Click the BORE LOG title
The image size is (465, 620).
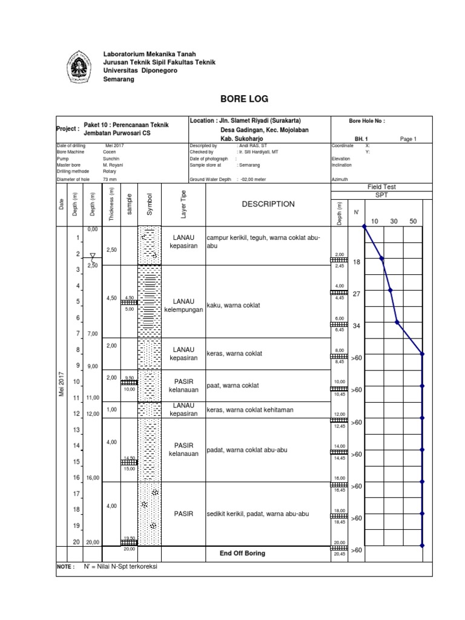coord(244,99)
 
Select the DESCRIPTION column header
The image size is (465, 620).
coord(268,204)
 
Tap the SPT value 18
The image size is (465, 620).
coord(356,262)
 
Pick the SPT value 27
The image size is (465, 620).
coord(356,294)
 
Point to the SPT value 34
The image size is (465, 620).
coord(356,326)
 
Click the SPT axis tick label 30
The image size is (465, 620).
coord(394,222)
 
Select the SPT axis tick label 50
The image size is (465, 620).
coord(414,222)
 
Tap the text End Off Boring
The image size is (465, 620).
coord(242,553)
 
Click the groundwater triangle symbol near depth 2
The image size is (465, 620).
coord(92,256)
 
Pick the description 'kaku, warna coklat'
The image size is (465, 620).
coord(232,305)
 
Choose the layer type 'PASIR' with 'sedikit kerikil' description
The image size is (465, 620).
coord(183,513)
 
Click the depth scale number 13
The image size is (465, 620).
coord(77,430)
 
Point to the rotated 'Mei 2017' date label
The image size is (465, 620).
coord(61,385)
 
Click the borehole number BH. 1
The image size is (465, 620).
coord(361,139)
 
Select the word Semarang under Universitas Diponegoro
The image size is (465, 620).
coord(119,79)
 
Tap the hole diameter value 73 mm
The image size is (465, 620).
coord(110,179)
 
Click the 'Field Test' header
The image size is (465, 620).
coord(381,187)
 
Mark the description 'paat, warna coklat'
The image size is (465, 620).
coord(232,386)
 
